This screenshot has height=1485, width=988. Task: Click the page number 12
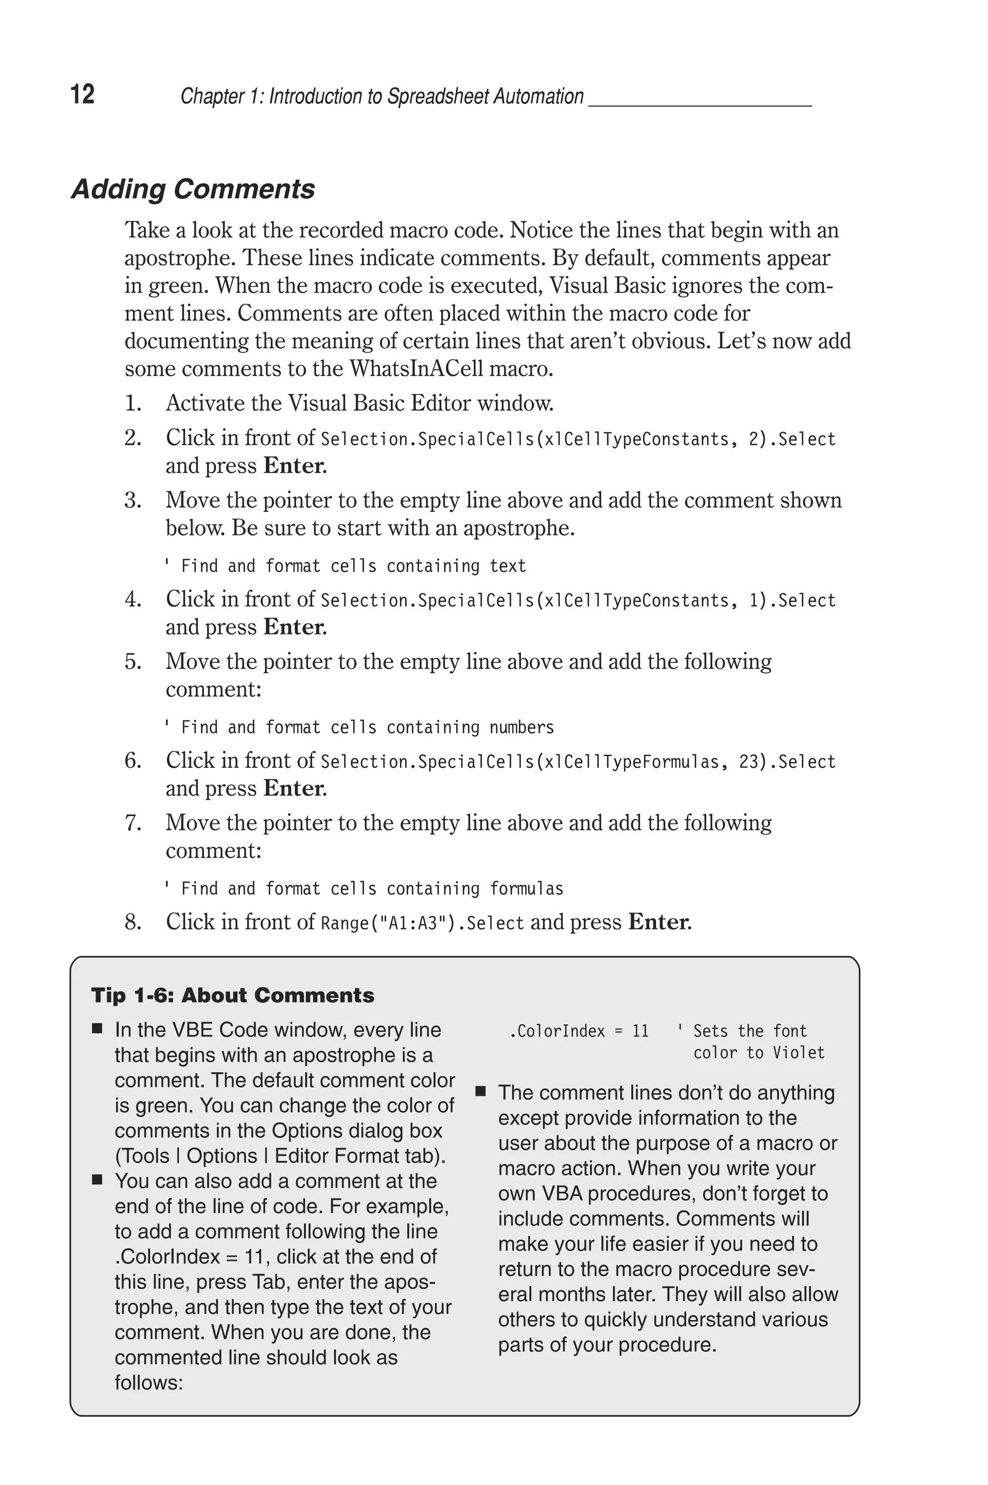pyautogui.click(x=82, y=95)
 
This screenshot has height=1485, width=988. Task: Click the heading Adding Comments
pyautogui.click(x=193, y=189)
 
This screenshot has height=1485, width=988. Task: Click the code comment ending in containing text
pyautogui.click(x=345, y=566)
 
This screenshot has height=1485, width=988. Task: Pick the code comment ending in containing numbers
pyautogui.click(x=359, y=727)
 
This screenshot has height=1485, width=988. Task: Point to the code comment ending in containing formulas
pyautogui.click(x=364, y=888)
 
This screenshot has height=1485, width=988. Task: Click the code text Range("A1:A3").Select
pyautogui.click(x=422, y=923)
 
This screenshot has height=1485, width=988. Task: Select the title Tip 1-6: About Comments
pyautogui.click(x=233, y=995)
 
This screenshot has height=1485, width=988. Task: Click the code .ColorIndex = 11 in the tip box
pyautogui.click(x=578, y=1031)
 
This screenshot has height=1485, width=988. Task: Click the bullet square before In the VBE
pyautogui.click(x=97, y=1029)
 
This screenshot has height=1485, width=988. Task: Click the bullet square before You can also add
pyautogui.click(x=97, y=1180)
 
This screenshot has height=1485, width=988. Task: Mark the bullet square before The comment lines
pyautogui.click(x=481, y=1091)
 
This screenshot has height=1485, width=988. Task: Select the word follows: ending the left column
pyautogui.click(x=149, y=1382)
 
